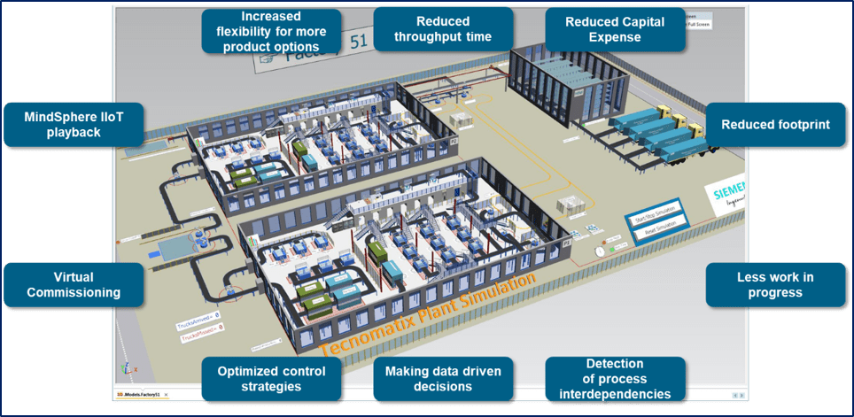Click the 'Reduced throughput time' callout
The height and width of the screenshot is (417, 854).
pos(443,28)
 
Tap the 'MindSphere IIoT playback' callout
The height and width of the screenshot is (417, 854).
pos(74,125)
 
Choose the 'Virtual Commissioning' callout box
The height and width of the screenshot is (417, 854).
pos(74,284)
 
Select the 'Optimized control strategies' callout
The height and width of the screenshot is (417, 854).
pos(272,379)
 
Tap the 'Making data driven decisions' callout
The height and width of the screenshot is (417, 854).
pos(443,379)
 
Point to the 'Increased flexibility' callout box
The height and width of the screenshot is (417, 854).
pos(272,31)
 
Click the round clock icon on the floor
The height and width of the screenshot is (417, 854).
pos(599,251)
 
